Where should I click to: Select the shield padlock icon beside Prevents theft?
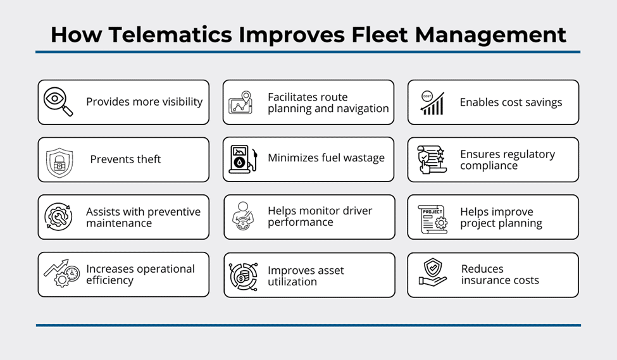point(59,162)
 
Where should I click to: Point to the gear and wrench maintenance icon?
point(58,217)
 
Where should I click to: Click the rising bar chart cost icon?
point(432,103)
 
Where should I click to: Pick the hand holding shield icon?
point(433,273)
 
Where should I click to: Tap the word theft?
point(147,159)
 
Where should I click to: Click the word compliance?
point(489,166)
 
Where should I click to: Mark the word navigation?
point(360,108)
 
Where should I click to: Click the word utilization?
point(292,282)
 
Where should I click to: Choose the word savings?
point(541,102)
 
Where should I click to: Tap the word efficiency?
point(109,280)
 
